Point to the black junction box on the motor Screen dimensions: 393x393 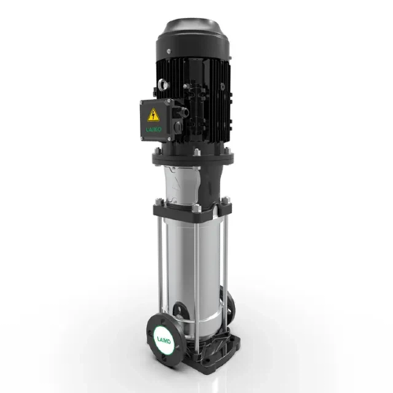[155, 121]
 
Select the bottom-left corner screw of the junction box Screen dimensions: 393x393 [141, 140]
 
